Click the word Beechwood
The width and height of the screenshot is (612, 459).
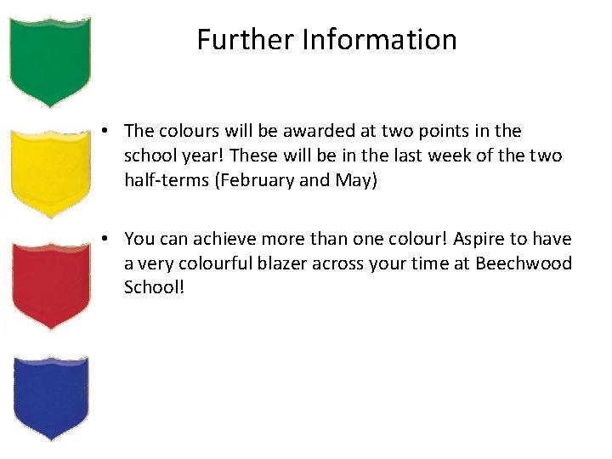click(x=524, y=263)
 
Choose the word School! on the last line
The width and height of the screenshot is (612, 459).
click(x=154, y=287)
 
